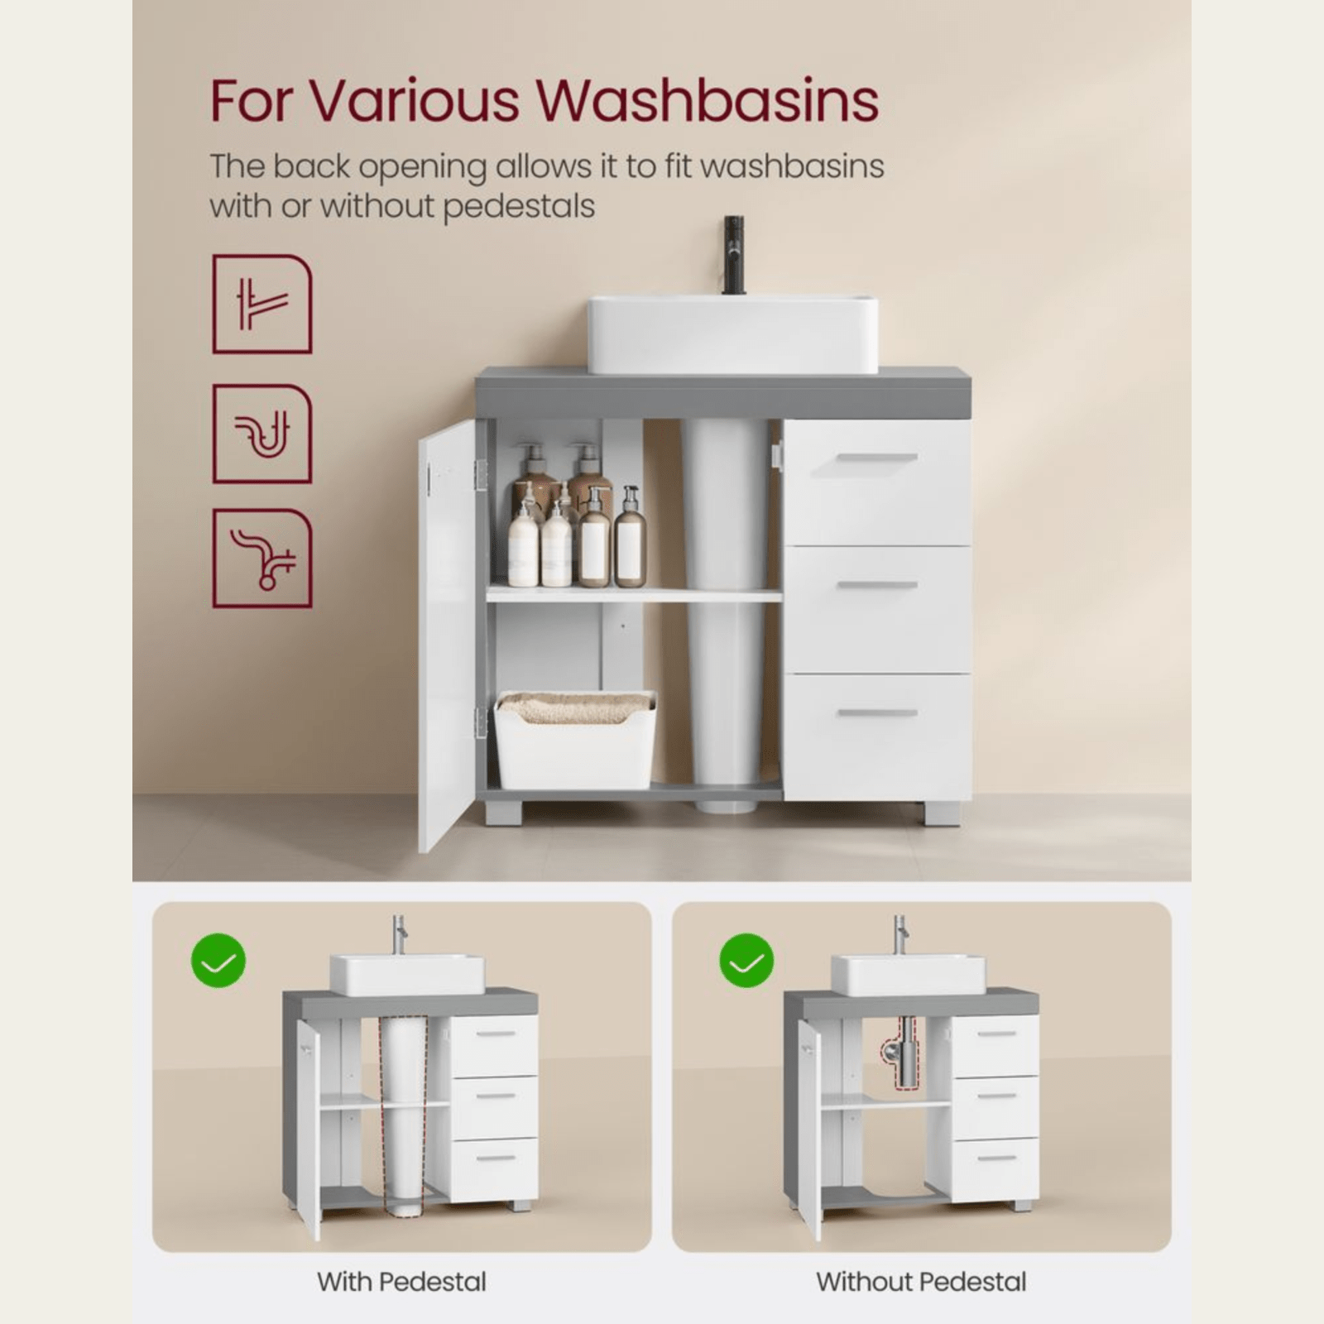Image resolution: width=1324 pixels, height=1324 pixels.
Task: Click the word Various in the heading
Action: (415, 101)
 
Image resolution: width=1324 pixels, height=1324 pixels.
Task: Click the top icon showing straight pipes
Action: (262, 304)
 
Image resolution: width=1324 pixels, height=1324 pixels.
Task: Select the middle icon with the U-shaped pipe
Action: (262, 434)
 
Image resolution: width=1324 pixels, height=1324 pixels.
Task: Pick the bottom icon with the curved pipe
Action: (262, 558)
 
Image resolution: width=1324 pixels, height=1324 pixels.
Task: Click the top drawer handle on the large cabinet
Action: (876, 458)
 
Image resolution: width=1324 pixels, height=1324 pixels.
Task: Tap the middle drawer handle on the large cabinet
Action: (876, 585)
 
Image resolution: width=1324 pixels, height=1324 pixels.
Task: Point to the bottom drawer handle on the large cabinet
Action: (876, 712)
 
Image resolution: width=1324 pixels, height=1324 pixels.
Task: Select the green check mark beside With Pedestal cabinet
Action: (218, 960)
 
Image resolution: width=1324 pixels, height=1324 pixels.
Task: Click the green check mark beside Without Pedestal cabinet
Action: (746, 960)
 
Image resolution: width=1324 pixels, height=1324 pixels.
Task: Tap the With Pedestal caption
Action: (401, 1282)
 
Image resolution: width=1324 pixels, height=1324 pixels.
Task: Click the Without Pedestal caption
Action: (921, 1282)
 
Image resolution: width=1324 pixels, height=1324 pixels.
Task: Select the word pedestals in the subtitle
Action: (519, 206)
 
